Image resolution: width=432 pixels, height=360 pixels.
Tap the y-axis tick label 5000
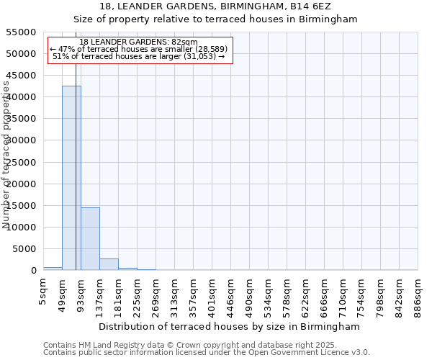pos(25,249)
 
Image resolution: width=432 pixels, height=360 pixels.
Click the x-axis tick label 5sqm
pos(43,291)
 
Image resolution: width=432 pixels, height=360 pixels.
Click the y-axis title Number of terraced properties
pos(7,155)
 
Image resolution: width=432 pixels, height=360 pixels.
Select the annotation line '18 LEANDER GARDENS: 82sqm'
pos(138,42)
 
